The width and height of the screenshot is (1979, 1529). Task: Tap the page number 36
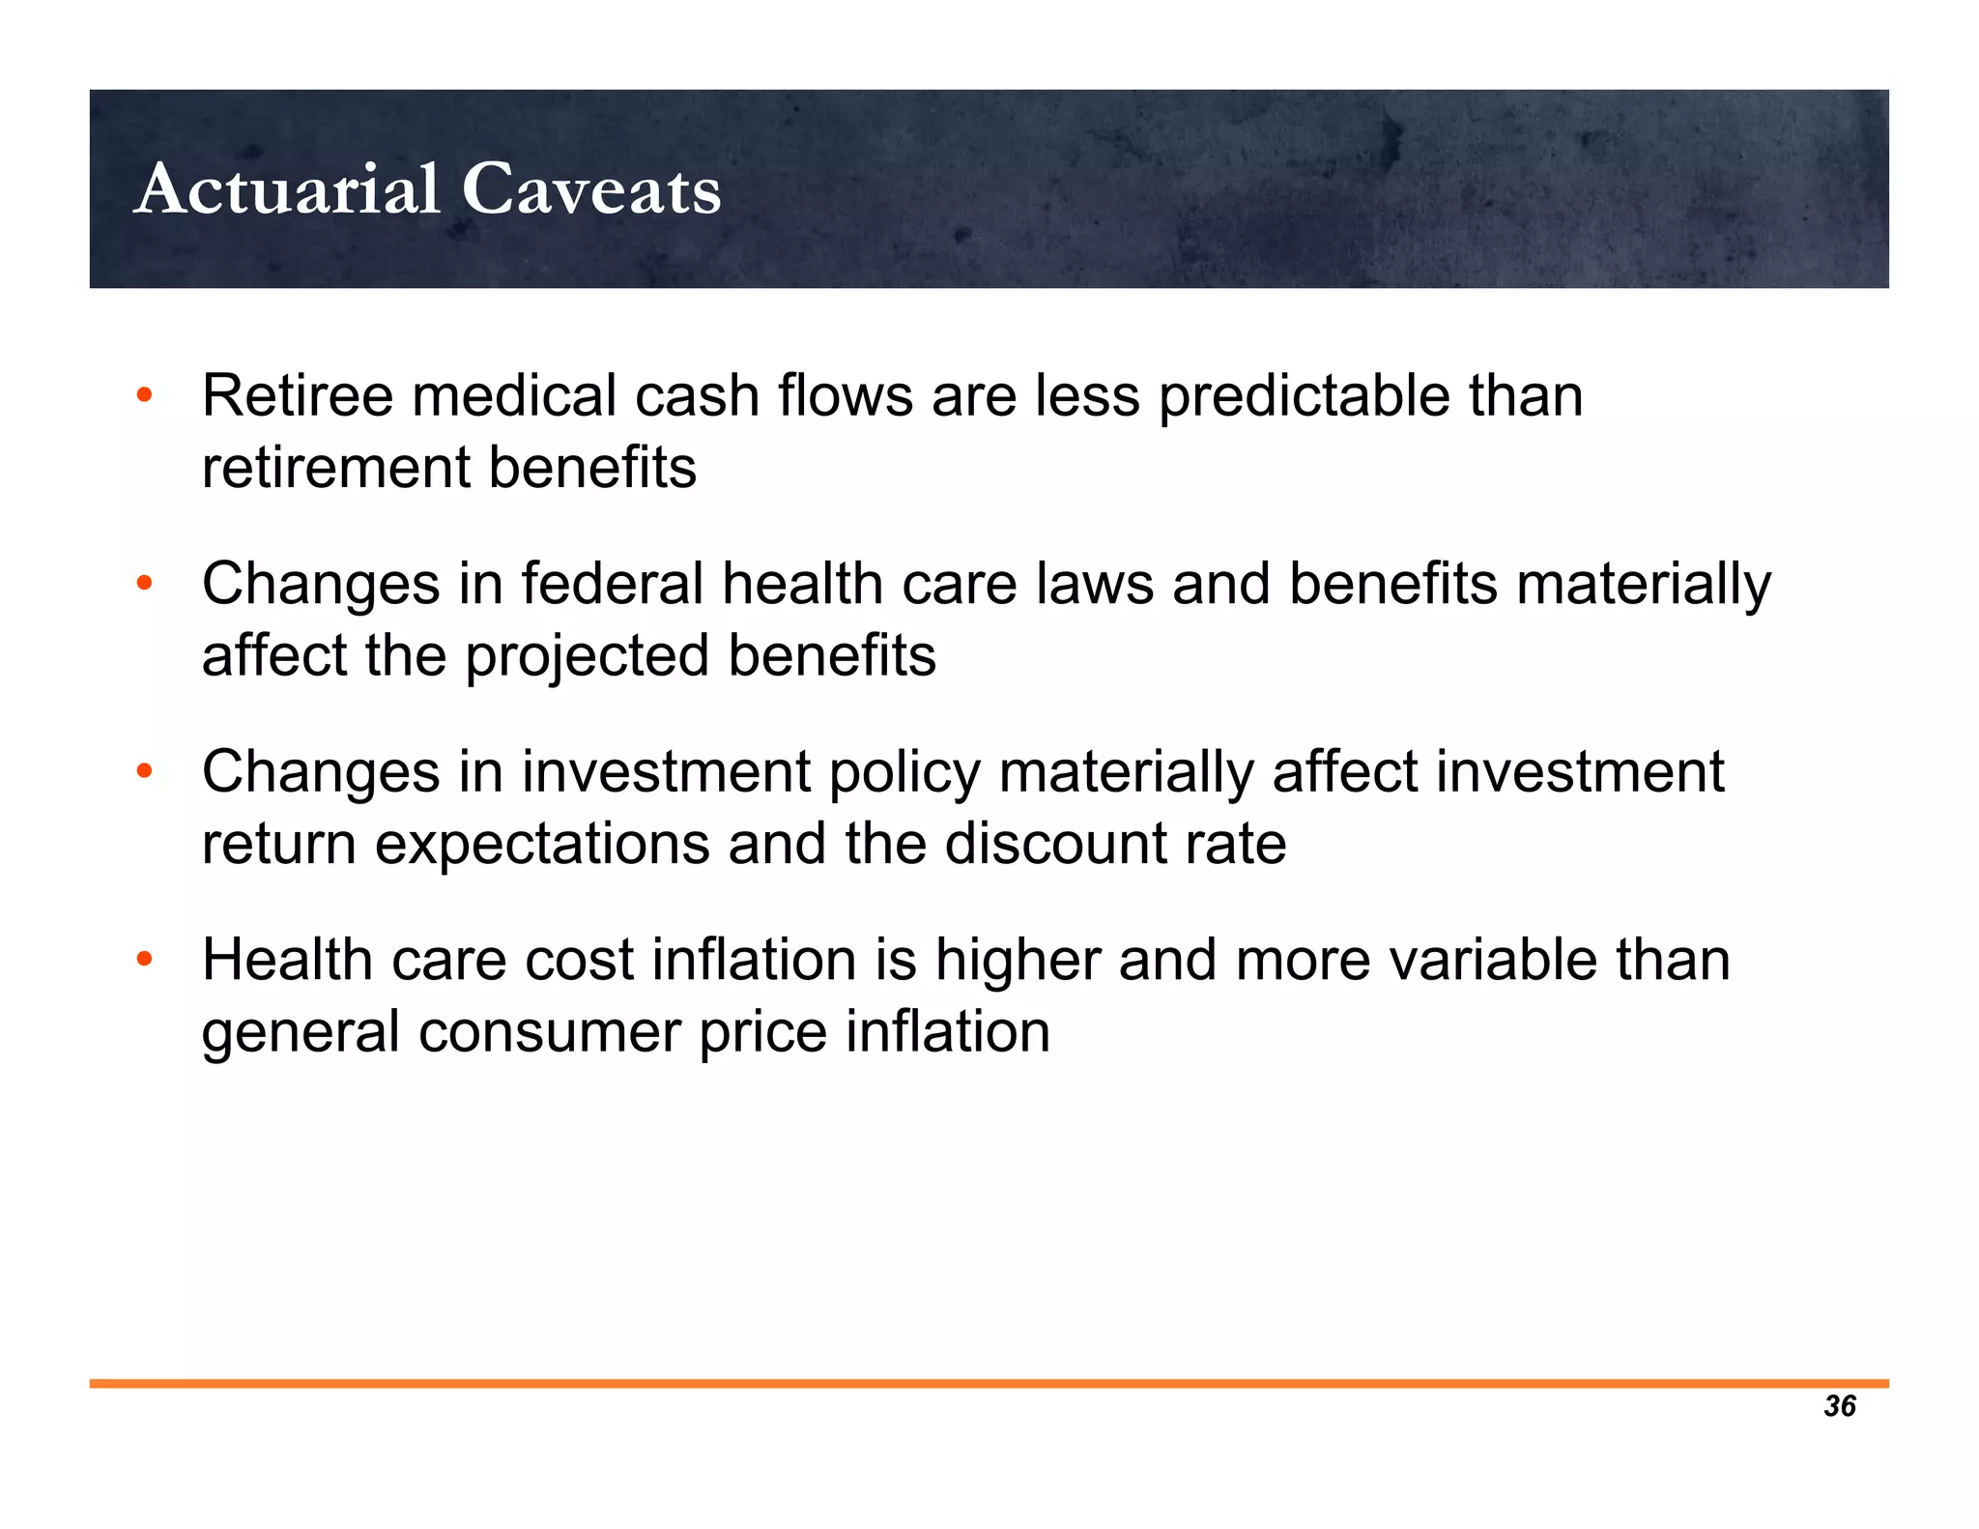(1840, 1406)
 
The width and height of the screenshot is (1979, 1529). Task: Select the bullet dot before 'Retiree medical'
(145, 395)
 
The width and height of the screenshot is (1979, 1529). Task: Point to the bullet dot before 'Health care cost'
(145, 960)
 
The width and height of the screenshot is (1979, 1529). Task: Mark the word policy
(904, 773)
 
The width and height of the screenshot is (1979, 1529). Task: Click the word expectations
(542, 845)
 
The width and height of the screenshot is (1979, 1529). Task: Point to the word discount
(1057, 845)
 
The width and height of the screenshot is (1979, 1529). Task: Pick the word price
(762, 1032)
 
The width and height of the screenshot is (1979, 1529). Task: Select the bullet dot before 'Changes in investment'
(145, 772)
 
